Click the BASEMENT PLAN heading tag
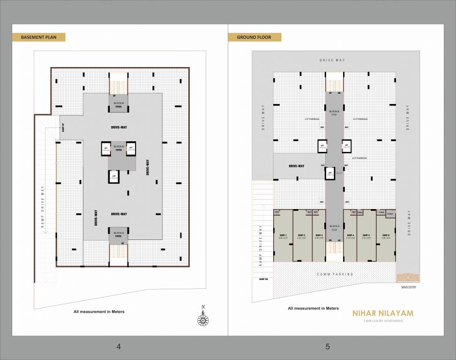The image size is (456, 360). [38, 37]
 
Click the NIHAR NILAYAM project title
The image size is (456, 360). [383, 313]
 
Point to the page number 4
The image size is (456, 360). [119, 347]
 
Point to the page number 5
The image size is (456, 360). [328, 347]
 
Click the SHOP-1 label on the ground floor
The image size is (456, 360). [283, 236]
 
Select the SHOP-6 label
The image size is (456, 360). [385, 236]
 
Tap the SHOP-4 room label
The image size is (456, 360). [350, 236]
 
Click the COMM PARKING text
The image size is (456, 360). [335, 274]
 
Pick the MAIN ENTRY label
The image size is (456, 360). [408, 287]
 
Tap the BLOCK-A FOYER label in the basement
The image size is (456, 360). [119, 234]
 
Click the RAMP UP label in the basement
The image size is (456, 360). [63, 128]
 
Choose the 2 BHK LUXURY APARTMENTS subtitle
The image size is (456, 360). [383, 321]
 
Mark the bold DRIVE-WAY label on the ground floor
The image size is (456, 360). [296, 166]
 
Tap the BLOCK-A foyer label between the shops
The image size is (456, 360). [334, 228]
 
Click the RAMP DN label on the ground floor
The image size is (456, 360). [263, 279]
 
